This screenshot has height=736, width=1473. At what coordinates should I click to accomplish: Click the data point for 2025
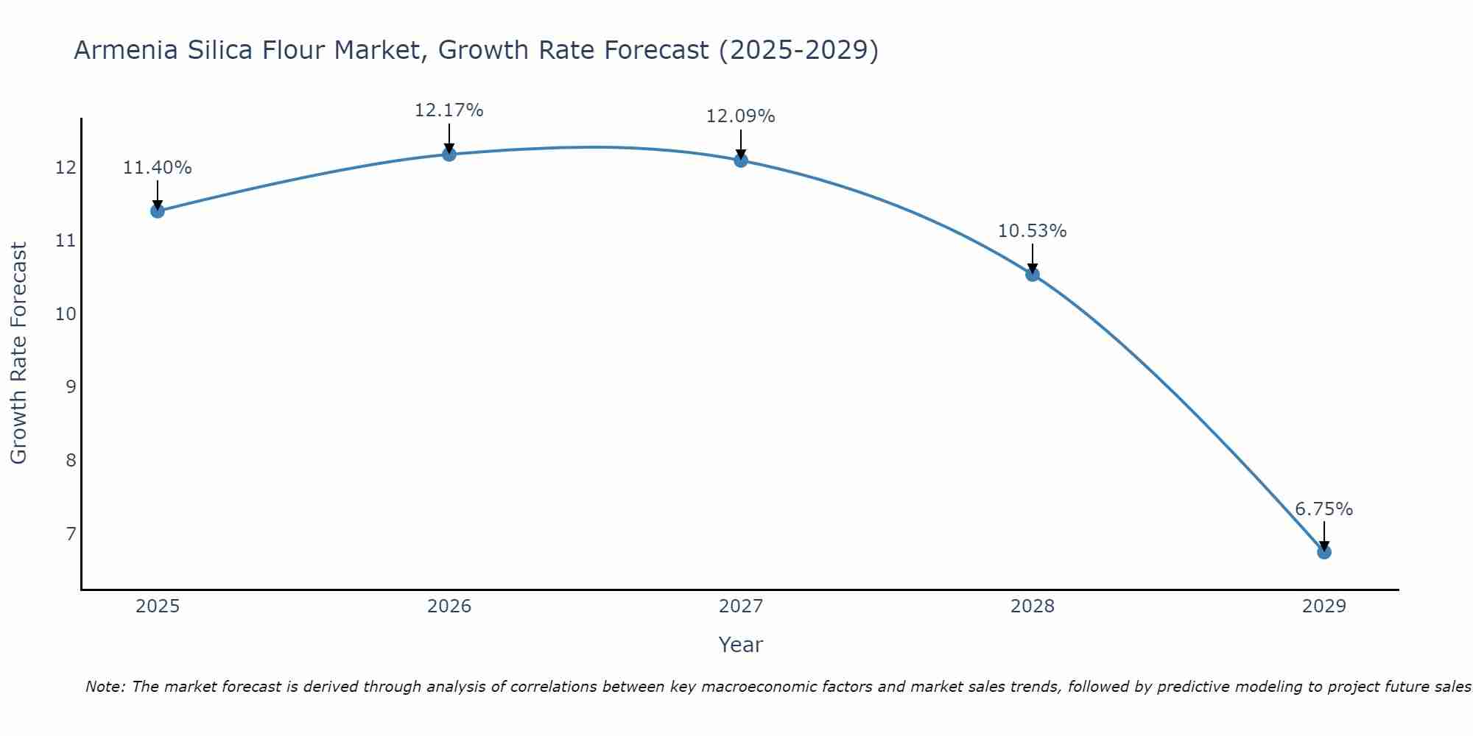[157, 211]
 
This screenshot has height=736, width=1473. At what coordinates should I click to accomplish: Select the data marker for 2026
[449, 154]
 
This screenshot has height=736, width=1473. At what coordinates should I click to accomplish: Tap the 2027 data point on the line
[741, 160]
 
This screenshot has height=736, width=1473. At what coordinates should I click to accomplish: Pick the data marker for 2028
[1033, 275]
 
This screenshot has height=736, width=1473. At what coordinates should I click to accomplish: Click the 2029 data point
[1323, 552]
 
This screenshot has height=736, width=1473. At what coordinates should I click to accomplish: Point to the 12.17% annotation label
[449, 110]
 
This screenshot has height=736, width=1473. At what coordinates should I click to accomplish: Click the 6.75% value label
[1323, 509]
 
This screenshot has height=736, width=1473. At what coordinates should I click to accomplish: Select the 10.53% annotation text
[1032, 231]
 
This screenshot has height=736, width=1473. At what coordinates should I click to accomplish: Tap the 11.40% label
[157, 168]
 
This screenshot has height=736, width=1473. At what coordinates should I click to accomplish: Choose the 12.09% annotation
[740, 116]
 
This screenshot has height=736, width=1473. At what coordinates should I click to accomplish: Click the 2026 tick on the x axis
[449, 606]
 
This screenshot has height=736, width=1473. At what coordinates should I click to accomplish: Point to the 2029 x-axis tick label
[1323, 606]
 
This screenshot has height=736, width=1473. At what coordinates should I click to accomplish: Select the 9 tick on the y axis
[71, 387]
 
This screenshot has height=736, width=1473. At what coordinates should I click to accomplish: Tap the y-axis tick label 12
[66, 168]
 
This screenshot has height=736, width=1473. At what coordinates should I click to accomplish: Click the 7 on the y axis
[71, 534]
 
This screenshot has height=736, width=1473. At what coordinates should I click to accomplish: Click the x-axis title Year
[740, 645]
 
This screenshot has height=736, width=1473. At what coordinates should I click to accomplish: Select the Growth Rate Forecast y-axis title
[18, 353]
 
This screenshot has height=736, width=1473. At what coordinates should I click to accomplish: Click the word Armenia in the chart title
[125, 50]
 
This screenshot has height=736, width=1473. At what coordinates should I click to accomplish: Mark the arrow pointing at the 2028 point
[1033, 258]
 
